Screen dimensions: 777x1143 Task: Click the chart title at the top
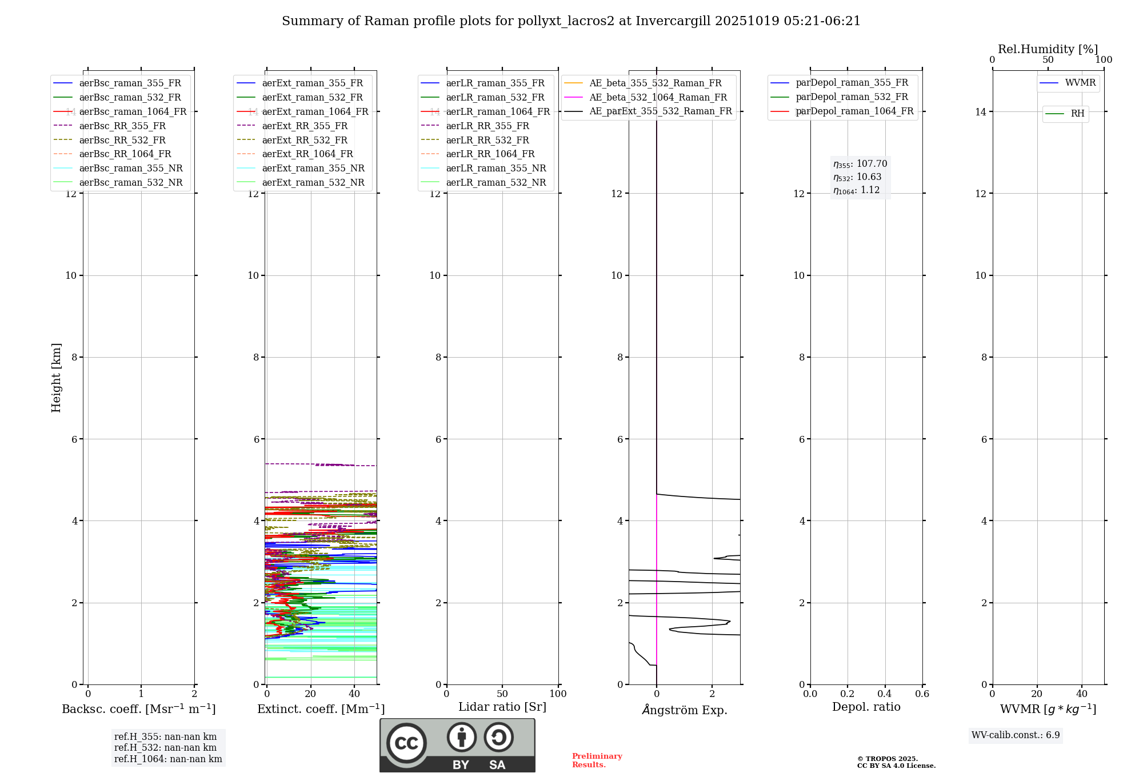pyautogui.click(x=571, y=21)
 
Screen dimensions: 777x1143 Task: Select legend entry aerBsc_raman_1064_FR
pyautogui.click(x=133, y=111)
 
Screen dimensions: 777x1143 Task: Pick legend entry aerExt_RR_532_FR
pyautogui.click(x=305, y=140)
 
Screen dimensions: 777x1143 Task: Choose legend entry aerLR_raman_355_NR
pyautogui.click(x=495, y=168)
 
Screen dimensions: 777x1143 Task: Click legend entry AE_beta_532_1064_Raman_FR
pyautogui.click(x=658, y=97)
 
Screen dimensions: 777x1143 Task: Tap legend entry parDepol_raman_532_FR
pyautogui.click(x=852, y=97)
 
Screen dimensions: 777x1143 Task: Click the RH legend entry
pyautogui.click(x=1077, y=114)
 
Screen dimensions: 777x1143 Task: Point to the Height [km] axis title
pyautogui.click(x=56, y=378)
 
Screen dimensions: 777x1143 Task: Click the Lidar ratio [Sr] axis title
pyautogui.click(x=502, y=707)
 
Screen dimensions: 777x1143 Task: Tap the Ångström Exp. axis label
pyautogui.click(x=684, y=710)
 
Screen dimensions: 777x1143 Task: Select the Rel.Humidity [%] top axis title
pyautogui.click(x=1048, y=49)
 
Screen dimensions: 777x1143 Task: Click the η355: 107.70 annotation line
pyautogui.click(x=860, y=164)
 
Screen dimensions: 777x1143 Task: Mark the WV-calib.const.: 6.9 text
pyautogui.click(x=1016, y=735)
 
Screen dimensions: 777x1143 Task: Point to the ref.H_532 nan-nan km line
pyautogui.click(x=165, y=747)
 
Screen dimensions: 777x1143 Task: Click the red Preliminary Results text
pyautogui.click(x=597, y=760)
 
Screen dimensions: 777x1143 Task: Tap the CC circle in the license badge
pyautogui.click(x=406, y=743)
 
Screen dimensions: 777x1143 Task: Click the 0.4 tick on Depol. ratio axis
pyautogui.click(x=885, y=694)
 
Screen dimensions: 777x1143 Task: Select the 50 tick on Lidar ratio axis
pyautogui.click(x=502, y=694)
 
